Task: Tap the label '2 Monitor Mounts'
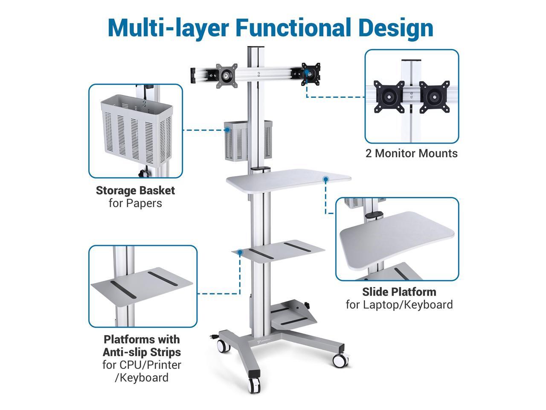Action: coord(411,153)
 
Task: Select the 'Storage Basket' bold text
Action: coord(135,190)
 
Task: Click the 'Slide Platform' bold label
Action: coord(399,292)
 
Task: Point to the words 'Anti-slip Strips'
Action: coord(142,352)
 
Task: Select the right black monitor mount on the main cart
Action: coord(311,71)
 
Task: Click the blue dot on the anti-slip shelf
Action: coord(241,252)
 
